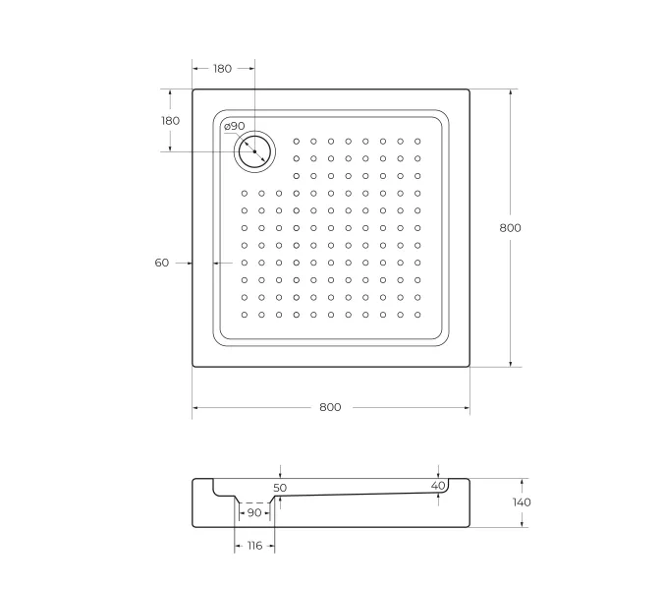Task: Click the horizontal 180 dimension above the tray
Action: tap(222, 69)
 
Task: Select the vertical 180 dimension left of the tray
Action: tap(170, 120)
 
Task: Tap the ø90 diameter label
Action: tap(234, 126)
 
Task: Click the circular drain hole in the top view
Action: tap(255, 151)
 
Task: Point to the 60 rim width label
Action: tap(162, 263)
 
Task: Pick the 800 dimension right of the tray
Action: tap(510, 227)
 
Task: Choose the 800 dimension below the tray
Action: tap(330, 407)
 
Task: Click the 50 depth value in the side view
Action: tap(280, 488)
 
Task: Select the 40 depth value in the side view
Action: tap(438, 485)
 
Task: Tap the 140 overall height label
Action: tap(522, 502)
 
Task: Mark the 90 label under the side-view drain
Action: tap(254, 513)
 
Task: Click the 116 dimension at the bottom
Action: tap(253, 545)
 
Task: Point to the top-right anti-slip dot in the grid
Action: tap(417, 141)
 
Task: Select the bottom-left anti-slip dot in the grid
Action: tap(244, 315)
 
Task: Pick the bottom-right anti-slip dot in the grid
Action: tap(417, 315)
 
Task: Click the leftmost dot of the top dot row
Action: tap(296, 141)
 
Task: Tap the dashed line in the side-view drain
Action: tap(254, 502)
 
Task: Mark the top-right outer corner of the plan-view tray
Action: tap(469, 89)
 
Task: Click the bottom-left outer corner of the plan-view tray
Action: tap(193, 367)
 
